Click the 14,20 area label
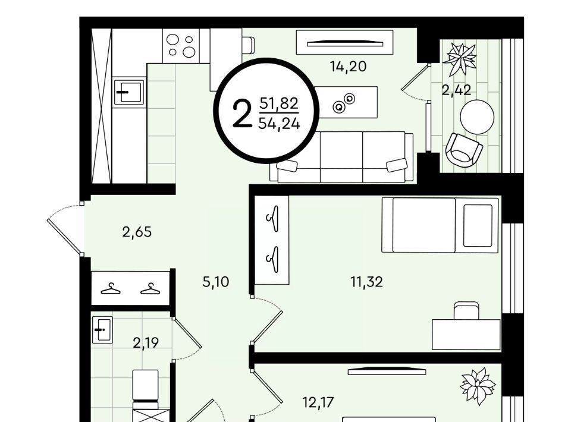click(348, 67)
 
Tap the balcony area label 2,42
click(456, 90)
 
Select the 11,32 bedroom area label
click(367, 282)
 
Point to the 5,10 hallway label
click(216, 282)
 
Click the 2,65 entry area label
click(137, 232)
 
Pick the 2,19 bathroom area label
click(146, 343)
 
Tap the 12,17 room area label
click(318, 403)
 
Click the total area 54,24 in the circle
click(280, 124)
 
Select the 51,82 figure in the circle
click(279, 103)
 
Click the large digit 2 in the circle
click(242, 114)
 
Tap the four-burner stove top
click(181, 46)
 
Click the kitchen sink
click(128, 92)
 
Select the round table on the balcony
click(477, 117)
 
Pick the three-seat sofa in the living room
click(341, 157)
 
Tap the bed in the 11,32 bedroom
click(440, 225)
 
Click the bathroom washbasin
click(102, 330)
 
